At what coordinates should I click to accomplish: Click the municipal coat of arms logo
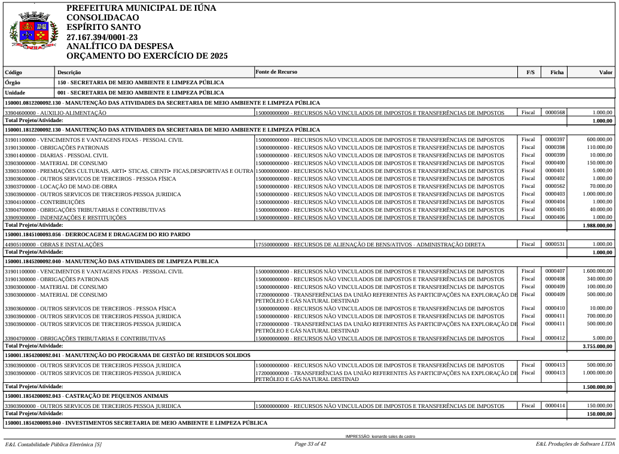point(33,32)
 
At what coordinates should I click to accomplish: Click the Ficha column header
point(557,72)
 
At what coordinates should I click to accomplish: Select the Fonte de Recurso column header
point(276,72)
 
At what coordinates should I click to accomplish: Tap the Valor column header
point(605,72)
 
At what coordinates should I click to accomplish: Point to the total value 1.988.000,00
point(597,226)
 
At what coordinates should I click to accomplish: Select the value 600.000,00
point(599,139)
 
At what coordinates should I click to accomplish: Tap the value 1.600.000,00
point(597,272)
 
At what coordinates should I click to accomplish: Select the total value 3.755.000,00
point(597,346)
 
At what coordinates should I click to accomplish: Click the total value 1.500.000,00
point(597,387)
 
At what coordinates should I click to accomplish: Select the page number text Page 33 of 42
point(310,444)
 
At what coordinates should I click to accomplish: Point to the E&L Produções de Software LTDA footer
point(575,444)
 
